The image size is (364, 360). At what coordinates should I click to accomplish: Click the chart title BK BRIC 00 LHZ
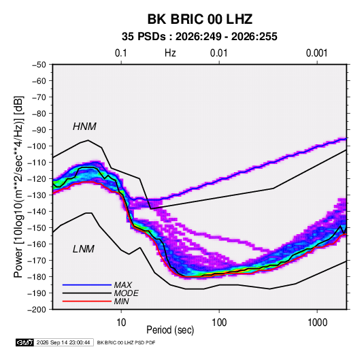(200, 19)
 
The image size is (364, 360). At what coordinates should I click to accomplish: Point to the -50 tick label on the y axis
(39, 65)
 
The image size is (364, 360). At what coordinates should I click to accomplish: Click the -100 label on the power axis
(37, 146)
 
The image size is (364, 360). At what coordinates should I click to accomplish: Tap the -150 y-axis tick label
(37, 228)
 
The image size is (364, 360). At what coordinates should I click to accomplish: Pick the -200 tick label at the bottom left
(37, 310)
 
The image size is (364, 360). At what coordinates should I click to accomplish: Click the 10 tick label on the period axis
(121, 323)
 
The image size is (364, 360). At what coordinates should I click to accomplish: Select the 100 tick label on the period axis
(219, 323)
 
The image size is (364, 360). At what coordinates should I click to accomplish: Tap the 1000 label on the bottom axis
(317, 323)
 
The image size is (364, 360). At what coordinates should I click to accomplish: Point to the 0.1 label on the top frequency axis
(121, 53)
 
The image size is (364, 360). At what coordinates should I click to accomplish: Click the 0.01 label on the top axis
(218, 53)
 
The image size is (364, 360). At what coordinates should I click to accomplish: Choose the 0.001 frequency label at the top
(316, 53)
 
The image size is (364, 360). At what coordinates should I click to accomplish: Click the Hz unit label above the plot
(170, 53)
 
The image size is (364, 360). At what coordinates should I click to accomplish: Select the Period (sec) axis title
(170, 330)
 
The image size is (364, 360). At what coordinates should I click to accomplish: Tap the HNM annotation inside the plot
(84, 127)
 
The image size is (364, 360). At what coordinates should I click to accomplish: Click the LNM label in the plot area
(84, 249)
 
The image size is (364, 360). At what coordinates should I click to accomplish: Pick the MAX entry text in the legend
(123, 285)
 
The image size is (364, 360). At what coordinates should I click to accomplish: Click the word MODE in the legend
(127, 293)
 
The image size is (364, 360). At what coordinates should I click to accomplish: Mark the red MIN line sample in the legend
(87, 301)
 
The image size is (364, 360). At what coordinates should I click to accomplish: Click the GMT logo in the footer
(25, 342)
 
